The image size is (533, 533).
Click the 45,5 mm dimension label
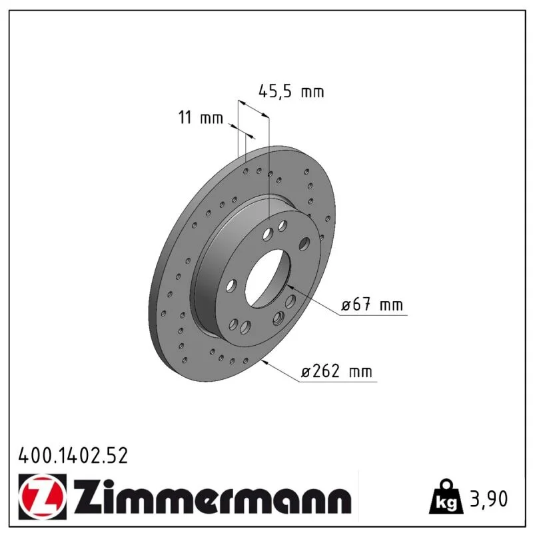click(291, 91)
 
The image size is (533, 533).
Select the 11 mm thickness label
click(201, 118)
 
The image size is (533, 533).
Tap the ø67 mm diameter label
click(372, 304)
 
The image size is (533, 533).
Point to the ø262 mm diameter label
click(336, 371)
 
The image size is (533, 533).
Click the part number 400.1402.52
click(73, 456)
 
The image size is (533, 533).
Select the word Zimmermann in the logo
click(213, 497)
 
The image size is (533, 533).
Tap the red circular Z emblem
click(43, 496)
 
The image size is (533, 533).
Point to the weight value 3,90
click(489, 498)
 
